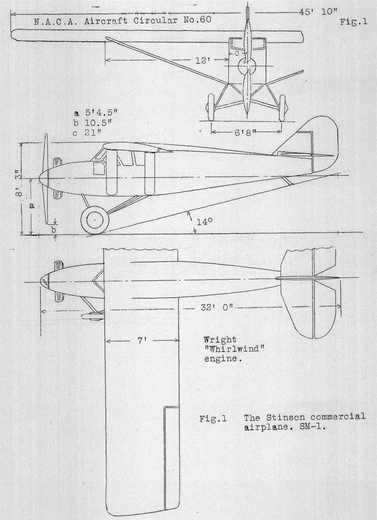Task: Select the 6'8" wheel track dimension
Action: coord(246,132)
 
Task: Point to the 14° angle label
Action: coord(204,222)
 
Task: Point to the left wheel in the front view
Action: coord(212,107)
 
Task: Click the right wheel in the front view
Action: coord(282,108)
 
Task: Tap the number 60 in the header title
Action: coord(204,21)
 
